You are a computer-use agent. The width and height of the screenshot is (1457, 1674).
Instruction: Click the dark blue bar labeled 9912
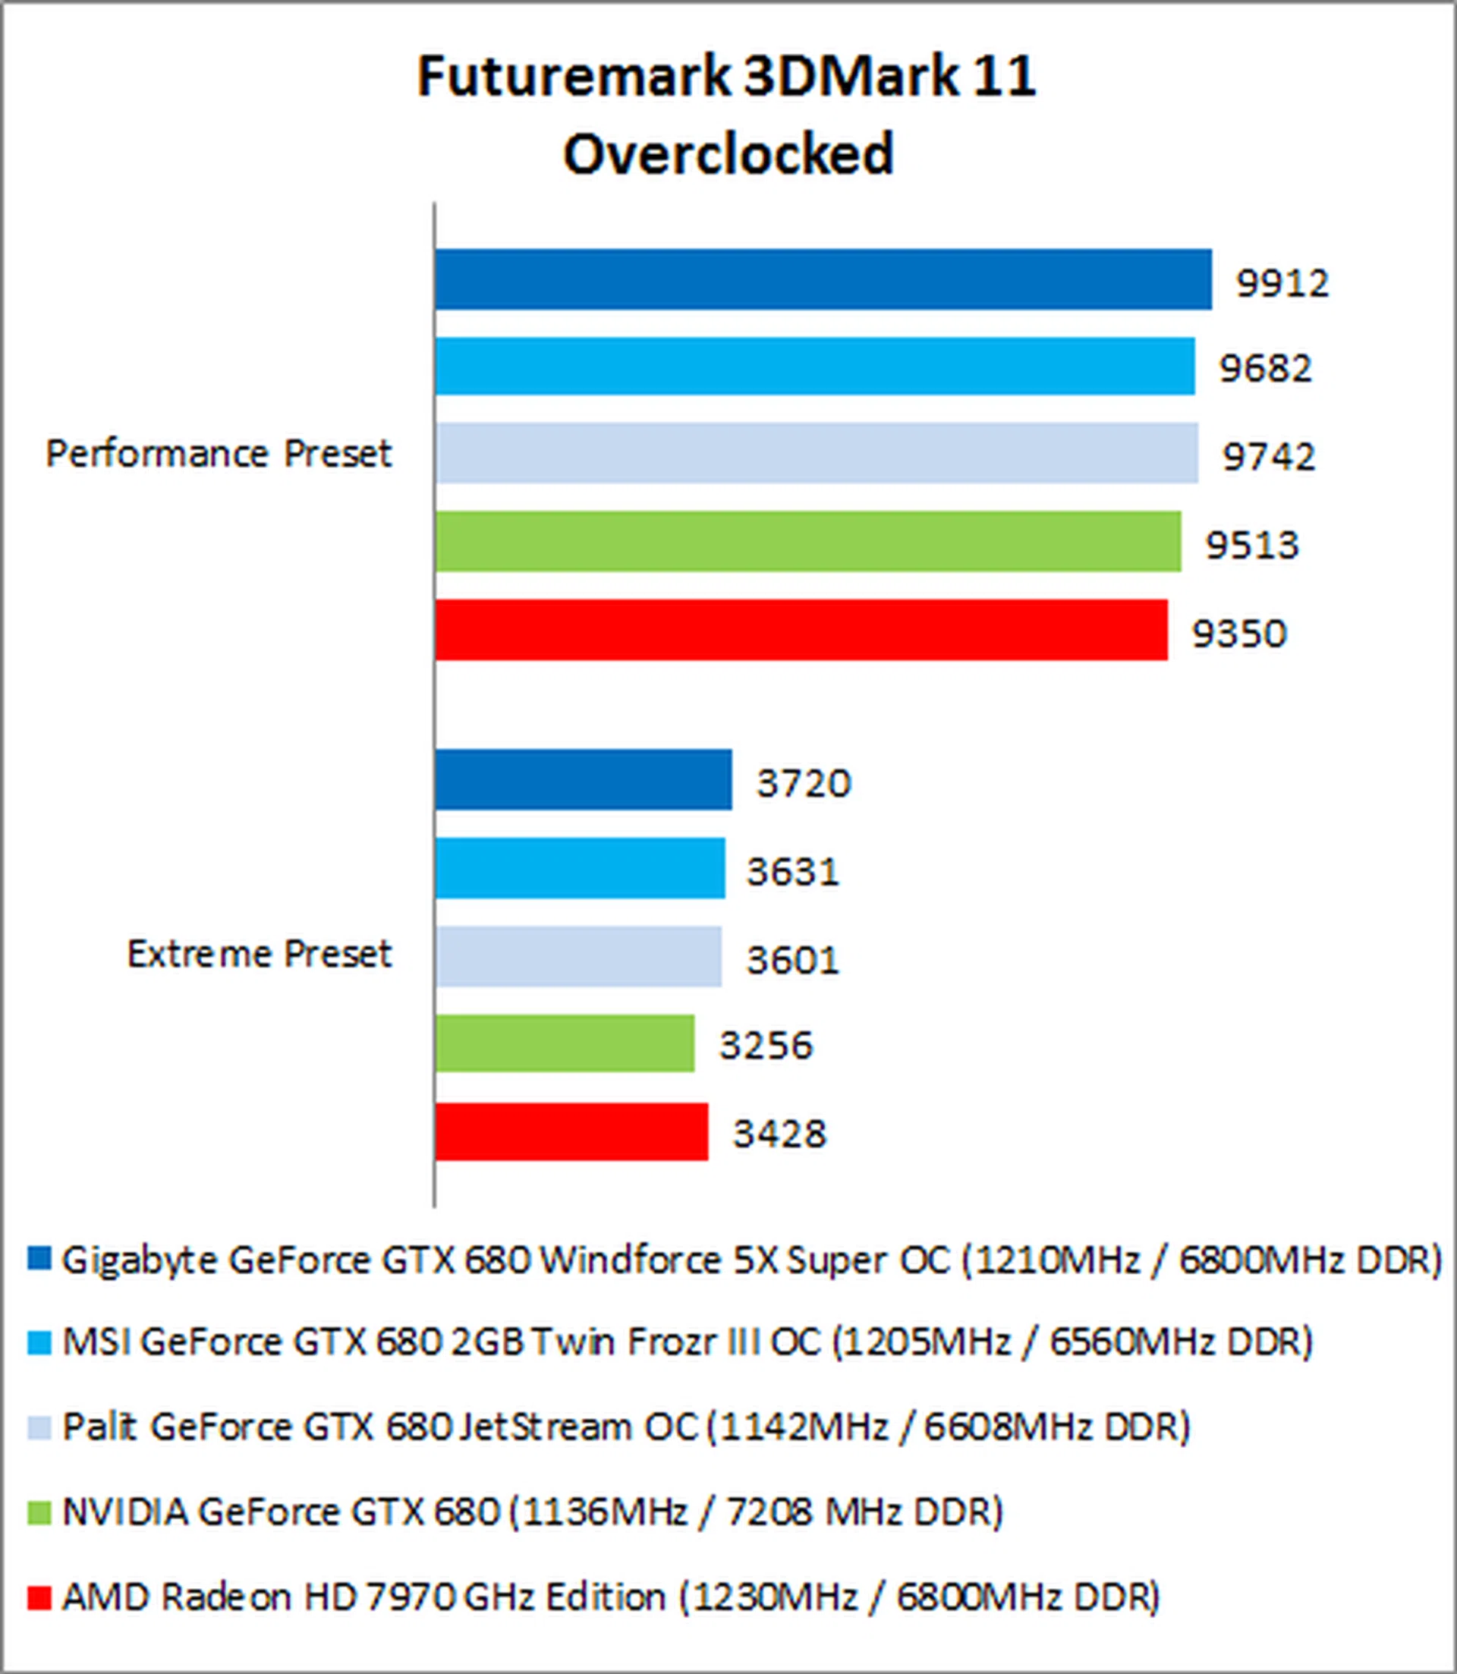click(x=823, y=280)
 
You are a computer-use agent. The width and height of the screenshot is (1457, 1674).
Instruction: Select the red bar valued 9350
click(x=801, y=630)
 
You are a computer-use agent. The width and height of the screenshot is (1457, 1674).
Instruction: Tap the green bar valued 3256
click(x=565, y=1043)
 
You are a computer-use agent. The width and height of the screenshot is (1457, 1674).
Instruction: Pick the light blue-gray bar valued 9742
click(x=817, y=453)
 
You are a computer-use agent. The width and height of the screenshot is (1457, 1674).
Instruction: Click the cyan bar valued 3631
click(x=580, y=868)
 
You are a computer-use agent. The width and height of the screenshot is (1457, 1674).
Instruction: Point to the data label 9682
click(x=1266, y=368)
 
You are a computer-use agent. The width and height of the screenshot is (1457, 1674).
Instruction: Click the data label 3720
click(x=804, y=783)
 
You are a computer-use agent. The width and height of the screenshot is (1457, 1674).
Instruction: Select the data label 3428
click(x=779, y=1134)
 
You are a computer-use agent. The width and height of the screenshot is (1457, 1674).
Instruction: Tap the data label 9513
click(x=1252, y=544)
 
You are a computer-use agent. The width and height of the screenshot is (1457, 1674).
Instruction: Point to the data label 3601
click(x=793, y=959)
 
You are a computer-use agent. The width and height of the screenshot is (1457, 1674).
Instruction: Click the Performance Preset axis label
click(x=219, y=453)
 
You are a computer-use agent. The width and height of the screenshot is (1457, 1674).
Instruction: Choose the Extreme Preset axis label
click(x=260, y=953)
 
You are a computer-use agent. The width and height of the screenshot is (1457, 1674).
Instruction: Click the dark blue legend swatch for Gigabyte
click(x=39, y=1260)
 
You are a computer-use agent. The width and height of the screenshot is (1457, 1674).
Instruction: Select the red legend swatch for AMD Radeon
click(x=39, y=1597)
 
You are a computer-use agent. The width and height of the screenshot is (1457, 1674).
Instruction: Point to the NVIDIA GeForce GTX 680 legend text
click(x=533, y=1512)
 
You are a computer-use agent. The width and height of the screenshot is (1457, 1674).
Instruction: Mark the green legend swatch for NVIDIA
click(x=39, y=1512)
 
